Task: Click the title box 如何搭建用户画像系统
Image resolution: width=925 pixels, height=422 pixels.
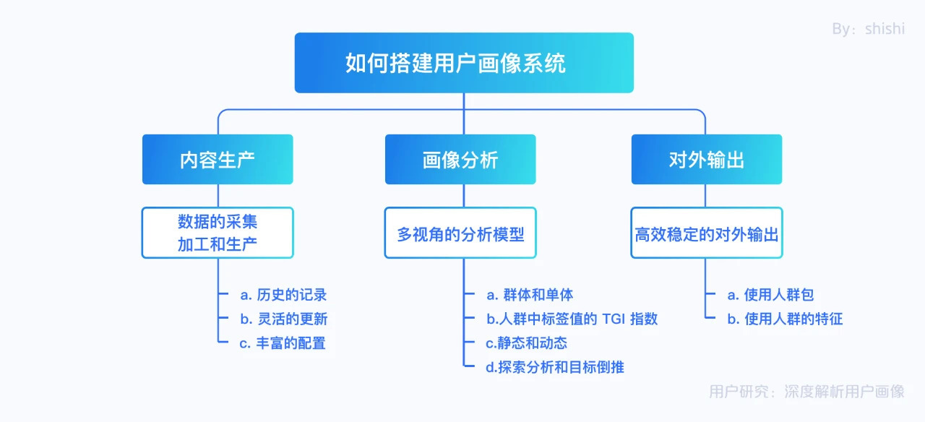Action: [464, 63]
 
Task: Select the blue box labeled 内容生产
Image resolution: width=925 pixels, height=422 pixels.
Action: [218, 160]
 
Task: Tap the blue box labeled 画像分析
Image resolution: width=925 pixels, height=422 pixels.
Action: [460, 160]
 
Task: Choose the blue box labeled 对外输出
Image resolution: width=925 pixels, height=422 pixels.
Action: [707, 160]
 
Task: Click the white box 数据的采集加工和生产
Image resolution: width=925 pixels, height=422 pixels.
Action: [218, 233]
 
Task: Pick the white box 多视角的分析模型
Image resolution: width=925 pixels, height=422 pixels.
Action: [460, 233]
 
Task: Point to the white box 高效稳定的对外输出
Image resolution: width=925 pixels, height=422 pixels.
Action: [707, 233]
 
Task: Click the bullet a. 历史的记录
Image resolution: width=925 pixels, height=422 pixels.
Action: [283, 295]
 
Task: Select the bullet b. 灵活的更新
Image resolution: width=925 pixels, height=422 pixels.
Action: [284, 319]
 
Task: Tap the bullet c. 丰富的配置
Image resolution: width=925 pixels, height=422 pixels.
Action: [283, 343]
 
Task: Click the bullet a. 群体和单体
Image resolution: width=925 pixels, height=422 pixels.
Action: [530, 295]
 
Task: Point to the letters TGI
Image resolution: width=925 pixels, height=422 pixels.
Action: [614, 319]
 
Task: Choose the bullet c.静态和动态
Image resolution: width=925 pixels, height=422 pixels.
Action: [527, 343]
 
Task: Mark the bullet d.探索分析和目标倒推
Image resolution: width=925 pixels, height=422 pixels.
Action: [555, 367]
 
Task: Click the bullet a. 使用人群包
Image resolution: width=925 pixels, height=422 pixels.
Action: [770, 295]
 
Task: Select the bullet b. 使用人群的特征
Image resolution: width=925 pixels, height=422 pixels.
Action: [785, 319]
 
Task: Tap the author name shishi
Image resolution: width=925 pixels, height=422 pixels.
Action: [885, 28]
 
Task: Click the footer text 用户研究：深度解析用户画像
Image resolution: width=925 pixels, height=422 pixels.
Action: [807, 392]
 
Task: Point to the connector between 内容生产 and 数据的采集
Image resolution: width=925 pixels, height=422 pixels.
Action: [218, 196]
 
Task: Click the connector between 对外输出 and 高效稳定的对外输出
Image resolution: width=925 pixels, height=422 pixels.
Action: [705, 196]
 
